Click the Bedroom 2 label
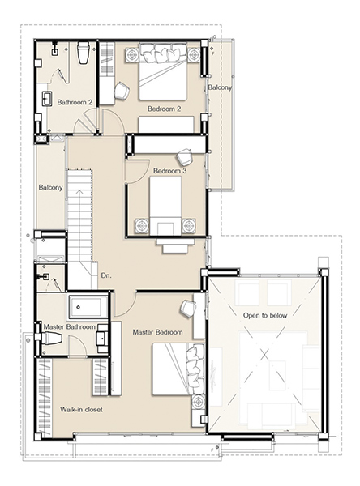point(164,109)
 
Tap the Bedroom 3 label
point(169,171)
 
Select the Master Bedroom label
point(157,332)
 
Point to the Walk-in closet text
point(81,409)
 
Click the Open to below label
point(265,316)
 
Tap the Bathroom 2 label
point(75,102)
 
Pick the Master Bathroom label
point(69,327)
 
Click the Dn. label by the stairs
point(106,275)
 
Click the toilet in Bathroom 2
point(84,53)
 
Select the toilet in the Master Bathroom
point(52,338)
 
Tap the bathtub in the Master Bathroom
point(88,307)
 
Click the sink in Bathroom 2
point(47,99)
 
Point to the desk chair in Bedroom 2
point(122,91)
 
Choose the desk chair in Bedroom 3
point(185,157)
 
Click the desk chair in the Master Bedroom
point(188,308)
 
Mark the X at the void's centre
point(264,354)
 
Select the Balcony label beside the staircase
point(50,188)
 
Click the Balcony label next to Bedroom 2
point(220,87)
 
